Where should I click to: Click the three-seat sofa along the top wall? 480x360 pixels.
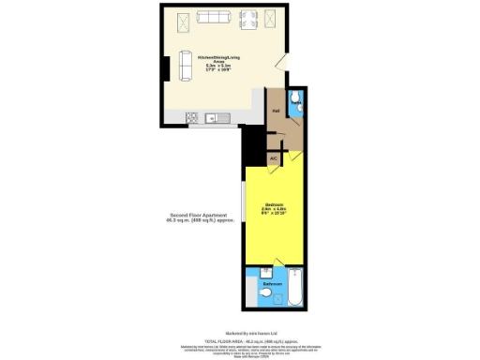(213, 17)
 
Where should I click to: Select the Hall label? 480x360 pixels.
(277, 111)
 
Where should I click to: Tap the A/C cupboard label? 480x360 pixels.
(274, 159)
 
